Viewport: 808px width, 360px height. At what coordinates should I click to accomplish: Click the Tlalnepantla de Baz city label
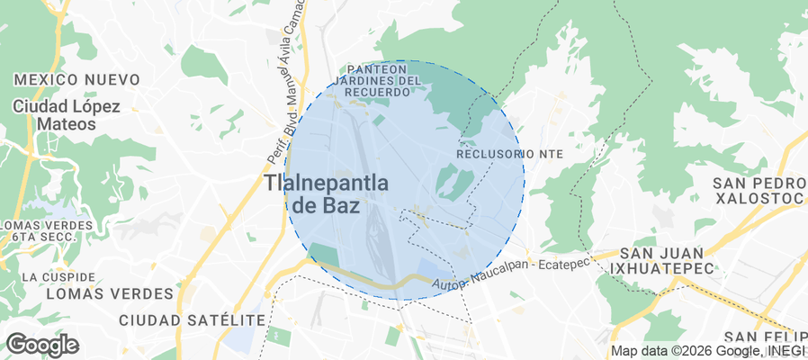(327, 193)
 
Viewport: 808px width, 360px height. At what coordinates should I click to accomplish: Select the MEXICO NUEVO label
(77, 79)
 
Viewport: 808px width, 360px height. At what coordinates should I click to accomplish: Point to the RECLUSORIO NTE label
(509, 154)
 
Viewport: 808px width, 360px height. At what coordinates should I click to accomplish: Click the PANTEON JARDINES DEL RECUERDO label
(384, 80)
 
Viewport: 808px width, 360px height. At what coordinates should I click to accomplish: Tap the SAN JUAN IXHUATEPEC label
(662, 260)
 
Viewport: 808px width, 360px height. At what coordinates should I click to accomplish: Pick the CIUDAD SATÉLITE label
(192, 320)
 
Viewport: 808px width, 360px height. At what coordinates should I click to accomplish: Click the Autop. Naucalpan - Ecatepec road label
(509, 274)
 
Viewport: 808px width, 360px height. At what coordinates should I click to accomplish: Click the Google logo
(42, 345)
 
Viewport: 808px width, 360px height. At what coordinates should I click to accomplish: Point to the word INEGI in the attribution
(788, 351)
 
